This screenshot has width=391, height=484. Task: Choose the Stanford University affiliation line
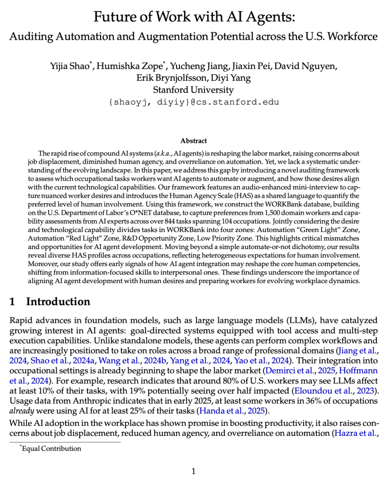(193, 89)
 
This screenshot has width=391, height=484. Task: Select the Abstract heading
(194, 140)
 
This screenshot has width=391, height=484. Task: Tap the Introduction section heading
(58, 302)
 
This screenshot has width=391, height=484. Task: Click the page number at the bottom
(193, 470)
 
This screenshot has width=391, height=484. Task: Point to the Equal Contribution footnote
(51, 449)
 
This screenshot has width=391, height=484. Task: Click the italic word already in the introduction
(20, 411)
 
